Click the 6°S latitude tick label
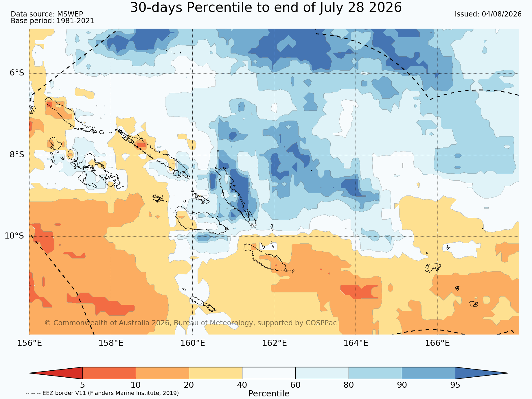17,73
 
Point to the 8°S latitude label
17,155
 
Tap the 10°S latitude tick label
14,236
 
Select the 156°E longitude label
30,343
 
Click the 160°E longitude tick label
193,343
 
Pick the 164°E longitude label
356,343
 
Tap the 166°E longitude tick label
437,343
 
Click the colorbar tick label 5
82,385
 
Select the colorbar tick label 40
242,385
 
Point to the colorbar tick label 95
455,385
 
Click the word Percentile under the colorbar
269,394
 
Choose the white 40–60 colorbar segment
269,373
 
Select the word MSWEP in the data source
70,14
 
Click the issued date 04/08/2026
501,14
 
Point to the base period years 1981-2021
75,21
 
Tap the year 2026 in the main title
386,8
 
